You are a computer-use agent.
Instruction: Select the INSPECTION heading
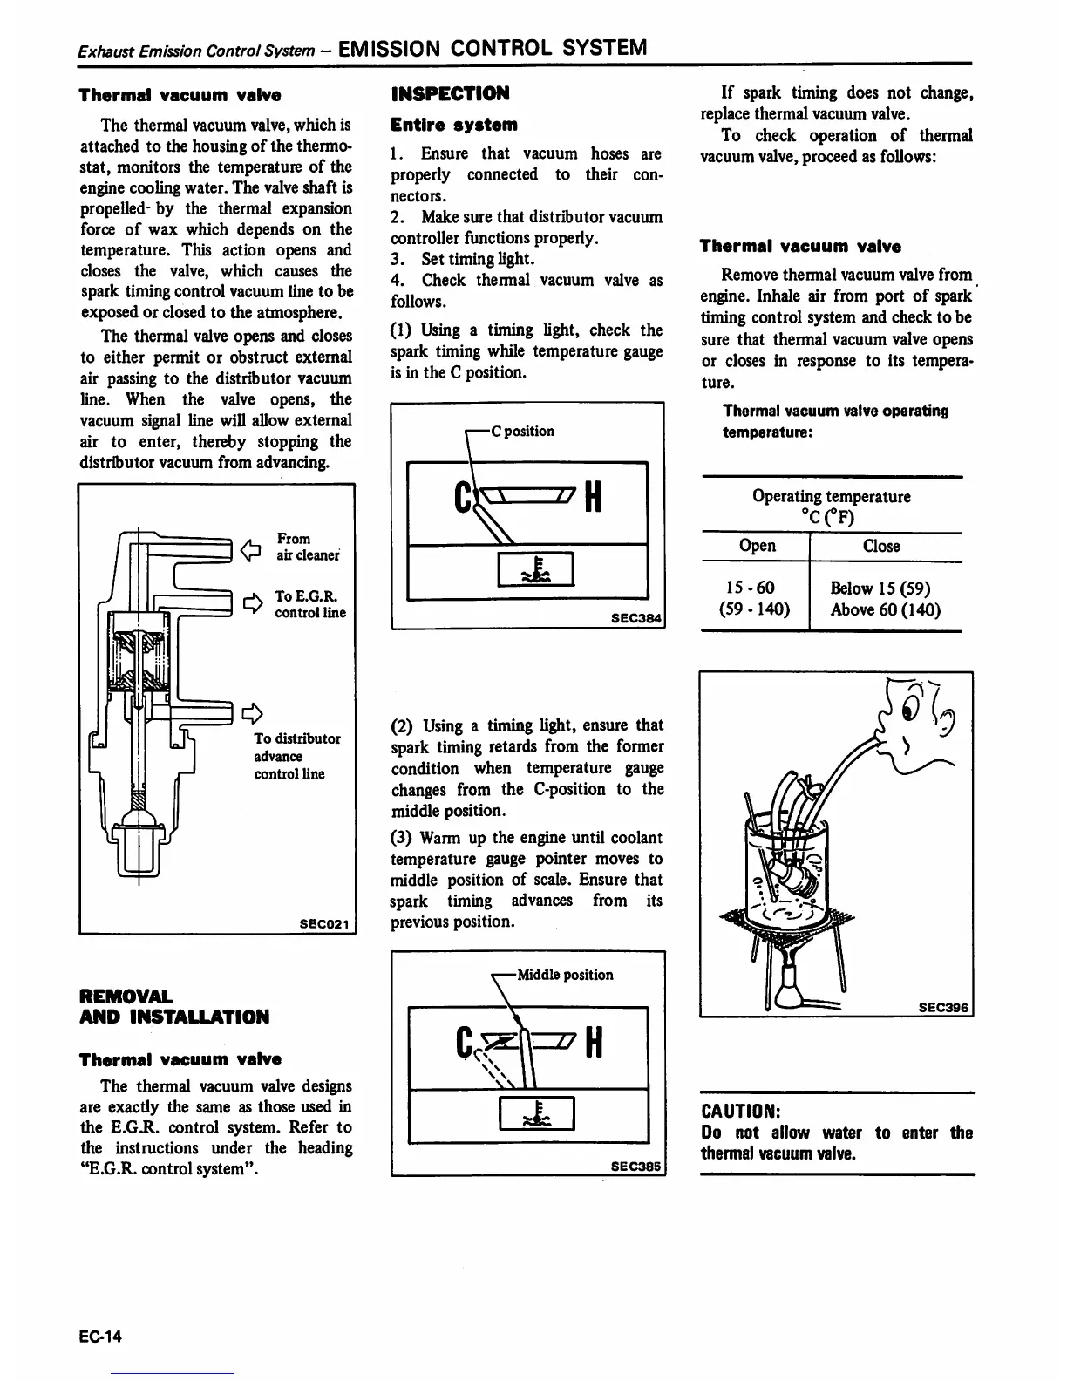coord(451,93)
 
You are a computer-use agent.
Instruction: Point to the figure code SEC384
coord(636,618)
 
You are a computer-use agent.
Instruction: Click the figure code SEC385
coord(636,1165)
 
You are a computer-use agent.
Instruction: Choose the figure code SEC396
coord(944,1007)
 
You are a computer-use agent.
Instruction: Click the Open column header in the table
coord(757,546)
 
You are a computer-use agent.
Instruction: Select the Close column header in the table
coord(881,546)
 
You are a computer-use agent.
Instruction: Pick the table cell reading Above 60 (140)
coord(886,609)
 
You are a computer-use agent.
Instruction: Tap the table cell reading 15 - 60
coord(755,588)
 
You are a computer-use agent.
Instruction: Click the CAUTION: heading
coord(740,1112)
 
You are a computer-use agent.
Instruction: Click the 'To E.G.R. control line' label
coord(309,604)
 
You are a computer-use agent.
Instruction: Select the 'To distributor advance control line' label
coord(296,756)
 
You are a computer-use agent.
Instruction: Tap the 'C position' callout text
coord(522,431)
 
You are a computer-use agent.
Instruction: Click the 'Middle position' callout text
coord(565,975)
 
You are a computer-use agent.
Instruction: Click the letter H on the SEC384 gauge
coord(591,499)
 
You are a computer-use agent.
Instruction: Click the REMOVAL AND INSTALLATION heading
coord(174,1006)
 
